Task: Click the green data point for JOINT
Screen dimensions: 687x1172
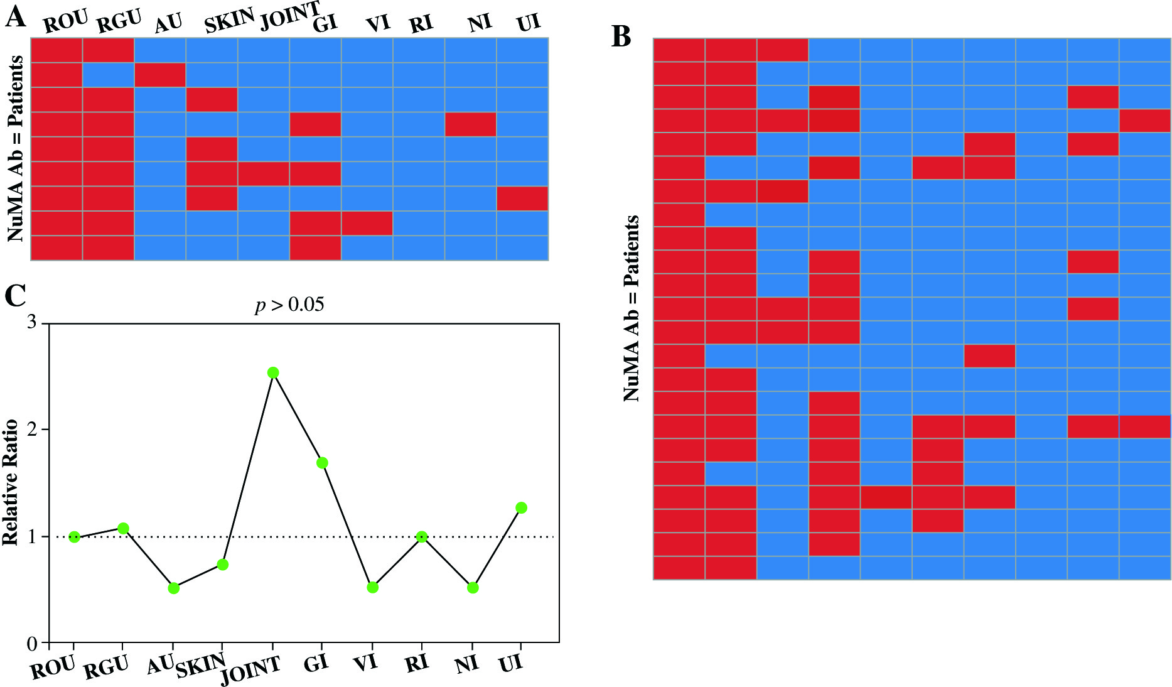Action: point(273,372)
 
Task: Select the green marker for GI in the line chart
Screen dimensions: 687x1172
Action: point(322,463)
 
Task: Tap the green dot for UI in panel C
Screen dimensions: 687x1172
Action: point(521,507)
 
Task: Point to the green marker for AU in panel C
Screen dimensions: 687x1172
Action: point(174,588)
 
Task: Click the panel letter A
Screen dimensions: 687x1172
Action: point(16,18)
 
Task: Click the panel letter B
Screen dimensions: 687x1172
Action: point(621,38)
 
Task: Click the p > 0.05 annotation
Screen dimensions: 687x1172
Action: point(289,305)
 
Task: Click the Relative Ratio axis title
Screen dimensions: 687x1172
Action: point(11,483)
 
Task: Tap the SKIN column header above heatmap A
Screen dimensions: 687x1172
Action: point(229,22)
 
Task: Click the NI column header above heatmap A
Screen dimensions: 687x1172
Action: point(480,23)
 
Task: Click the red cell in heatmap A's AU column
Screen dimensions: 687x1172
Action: point(160,75)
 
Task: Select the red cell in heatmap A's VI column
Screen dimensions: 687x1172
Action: point(367,223)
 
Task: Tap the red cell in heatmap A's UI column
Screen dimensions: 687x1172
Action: point(522,198)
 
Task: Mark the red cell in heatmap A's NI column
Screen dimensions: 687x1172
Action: point(470,124)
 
